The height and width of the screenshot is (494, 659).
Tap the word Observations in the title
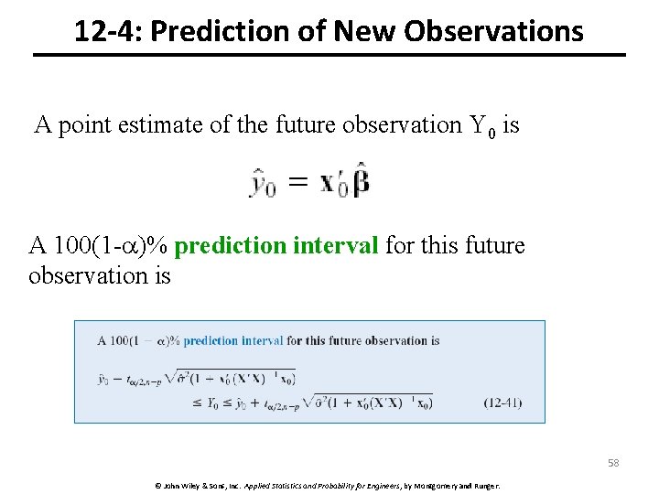493,32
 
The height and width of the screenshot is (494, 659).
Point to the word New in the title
367,32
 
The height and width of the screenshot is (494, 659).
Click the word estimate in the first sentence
161,124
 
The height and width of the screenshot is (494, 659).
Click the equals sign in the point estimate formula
297,183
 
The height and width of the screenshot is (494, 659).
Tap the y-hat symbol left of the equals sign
263,184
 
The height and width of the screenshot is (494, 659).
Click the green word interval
335,246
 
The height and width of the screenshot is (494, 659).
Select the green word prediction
229,246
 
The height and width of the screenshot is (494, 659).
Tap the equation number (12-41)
503,402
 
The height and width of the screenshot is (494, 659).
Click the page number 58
612,463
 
